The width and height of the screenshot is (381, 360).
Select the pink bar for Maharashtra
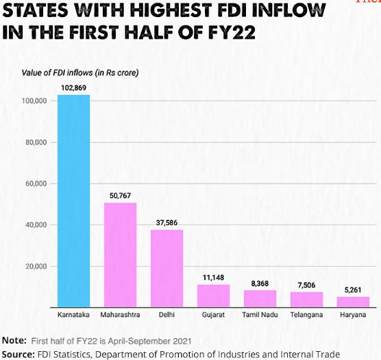(120, 255)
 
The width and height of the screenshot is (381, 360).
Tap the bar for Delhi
(167, 268)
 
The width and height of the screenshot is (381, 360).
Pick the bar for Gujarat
(213, 296)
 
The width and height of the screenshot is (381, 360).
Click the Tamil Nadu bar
(260, 298)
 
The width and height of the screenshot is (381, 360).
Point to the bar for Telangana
(306, 299)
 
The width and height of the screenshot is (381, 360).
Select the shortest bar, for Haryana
(353, 302)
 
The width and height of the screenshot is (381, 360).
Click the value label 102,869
(73, 88)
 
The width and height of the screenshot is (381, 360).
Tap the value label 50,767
(120, 196)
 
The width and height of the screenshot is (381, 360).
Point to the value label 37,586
(167, 223)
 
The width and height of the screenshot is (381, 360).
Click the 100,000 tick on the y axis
(34, 101)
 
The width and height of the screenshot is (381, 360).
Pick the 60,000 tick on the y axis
(36, 183)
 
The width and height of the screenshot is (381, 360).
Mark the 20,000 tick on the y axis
(36, 266)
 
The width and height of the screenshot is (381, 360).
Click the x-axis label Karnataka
(73, 316)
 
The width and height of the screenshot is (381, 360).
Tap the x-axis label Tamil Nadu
(260, 316)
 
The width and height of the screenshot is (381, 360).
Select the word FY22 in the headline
(221, 32)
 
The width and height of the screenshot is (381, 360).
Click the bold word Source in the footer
(19, 354)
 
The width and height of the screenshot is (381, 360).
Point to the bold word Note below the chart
(14, 340)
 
